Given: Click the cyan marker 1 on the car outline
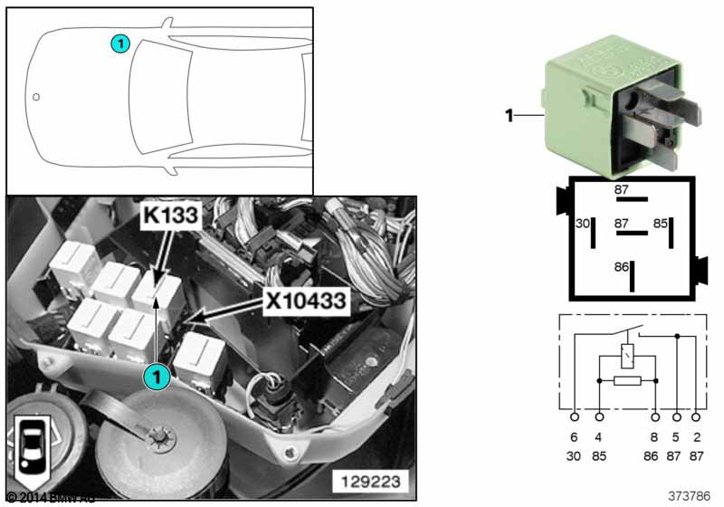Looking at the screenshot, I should click(120, 42).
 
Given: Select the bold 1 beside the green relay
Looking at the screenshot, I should click(509, 115).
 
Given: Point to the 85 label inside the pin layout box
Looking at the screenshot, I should click(661, 223).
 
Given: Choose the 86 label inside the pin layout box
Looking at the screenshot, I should click(621, 268).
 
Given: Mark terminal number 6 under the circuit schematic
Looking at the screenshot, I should click(575, 436).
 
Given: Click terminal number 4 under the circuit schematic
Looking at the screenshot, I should click(599, 436).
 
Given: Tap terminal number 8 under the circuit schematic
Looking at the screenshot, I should click(655, 436).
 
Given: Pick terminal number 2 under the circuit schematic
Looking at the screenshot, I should click(695, 436).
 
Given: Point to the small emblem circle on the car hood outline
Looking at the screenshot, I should click(36, 96).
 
